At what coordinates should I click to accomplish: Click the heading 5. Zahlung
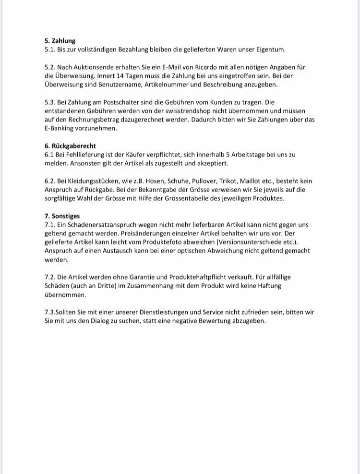coord(60,41)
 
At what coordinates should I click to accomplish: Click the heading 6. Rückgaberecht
coord(70,146)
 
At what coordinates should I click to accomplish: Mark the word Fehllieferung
coord(81,155)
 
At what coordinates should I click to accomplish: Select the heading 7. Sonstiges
coord(62,216)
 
